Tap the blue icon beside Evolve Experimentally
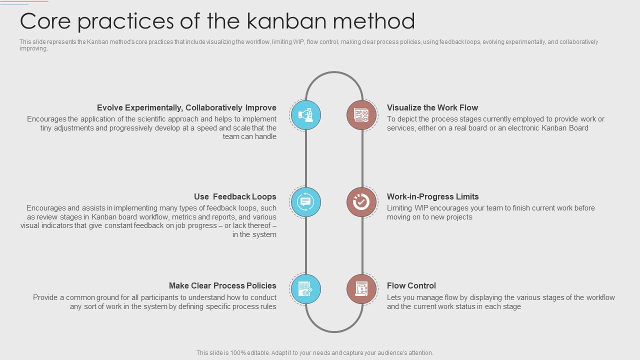pos(305,115)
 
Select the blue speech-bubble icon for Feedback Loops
pos(305,202)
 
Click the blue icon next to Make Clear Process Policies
pos(305,289)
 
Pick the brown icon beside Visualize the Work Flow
pos(361,115)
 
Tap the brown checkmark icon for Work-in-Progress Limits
pos(361,202)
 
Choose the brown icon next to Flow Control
pos(361,289)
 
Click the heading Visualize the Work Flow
pos(432,107)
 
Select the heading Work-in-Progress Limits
pos(433,196)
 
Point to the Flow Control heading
pos(411,285)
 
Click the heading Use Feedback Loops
pos(235,196)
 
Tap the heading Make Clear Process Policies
pos(222,285)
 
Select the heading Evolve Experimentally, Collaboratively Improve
pos(186,107)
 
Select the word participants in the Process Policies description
pos(160,297)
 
